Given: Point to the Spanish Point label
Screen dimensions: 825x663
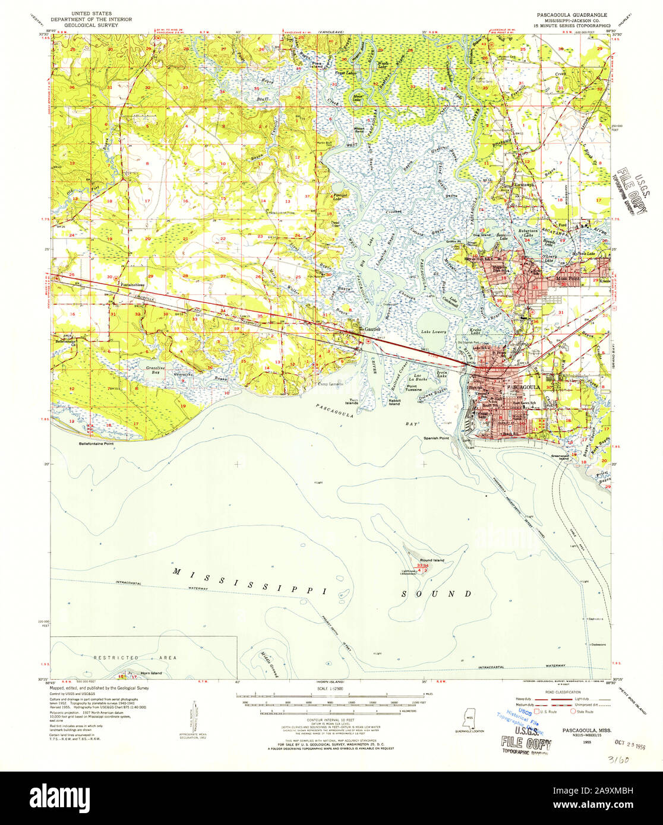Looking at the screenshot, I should coord(435,438).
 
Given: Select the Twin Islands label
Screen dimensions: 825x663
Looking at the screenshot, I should coord(353,402).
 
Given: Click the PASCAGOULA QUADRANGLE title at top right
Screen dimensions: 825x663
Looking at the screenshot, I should coord(570,12).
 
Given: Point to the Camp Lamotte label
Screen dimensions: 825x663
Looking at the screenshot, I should coord(330,384).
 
